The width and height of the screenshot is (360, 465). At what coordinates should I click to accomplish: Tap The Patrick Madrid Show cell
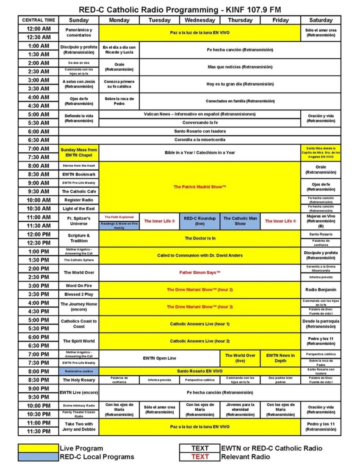[200, 187]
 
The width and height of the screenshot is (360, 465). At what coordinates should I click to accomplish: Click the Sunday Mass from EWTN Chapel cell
[79, 152]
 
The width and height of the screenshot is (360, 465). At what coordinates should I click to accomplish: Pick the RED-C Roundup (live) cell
[200, 221]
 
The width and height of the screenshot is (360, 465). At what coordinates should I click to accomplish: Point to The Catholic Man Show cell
[240, 221]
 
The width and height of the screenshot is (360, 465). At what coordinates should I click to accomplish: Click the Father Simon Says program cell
[200, 272]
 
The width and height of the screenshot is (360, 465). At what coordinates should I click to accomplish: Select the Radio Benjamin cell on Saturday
[321, 290]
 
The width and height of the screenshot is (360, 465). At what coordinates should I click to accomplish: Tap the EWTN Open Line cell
[160, 358]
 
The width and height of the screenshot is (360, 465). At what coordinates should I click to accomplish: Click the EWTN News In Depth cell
[280, 358]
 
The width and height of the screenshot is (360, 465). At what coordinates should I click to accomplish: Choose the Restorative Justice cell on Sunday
[79, 371]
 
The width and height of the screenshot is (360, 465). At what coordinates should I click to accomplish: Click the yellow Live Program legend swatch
[38, 448]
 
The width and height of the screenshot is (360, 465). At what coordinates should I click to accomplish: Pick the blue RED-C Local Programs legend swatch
[38, 457]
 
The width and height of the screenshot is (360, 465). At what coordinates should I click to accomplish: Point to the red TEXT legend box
[199, 457]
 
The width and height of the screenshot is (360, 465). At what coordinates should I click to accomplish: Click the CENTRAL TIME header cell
[38, 20]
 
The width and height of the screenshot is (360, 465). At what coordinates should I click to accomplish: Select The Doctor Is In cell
[200, 238]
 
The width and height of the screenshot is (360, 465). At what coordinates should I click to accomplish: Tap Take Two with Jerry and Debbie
[79, 427]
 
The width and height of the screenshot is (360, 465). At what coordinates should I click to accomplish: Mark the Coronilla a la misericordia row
[200, 140]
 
